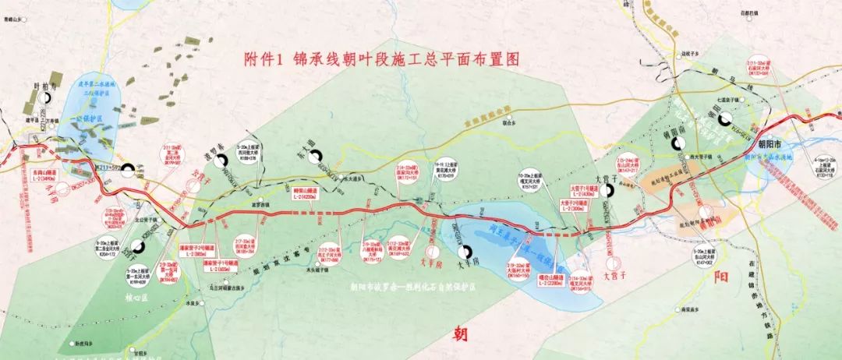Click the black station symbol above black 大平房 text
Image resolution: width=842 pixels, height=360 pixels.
pyautogui.click(x=465, y=251)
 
